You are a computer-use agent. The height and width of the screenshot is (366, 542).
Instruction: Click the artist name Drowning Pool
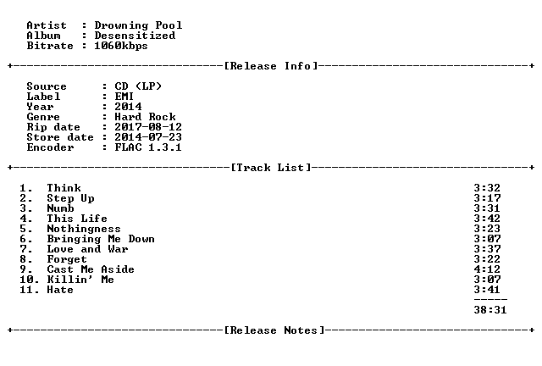(x=138, y=25)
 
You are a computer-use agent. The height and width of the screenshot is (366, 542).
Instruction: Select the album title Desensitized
(x=135, y=36)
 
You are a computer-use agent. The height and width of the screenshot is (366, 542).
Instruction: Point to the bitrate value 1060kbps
(x=121, y=46)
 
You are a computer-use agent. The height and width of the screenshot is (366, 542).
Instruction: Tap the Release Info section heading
(x=271, y=66)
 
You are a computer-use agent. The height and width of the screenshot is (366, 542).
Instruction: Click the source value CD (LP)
(x=138, y=86)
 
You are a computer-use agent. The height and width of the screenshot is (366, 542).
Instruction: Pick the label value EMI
(x=124, y=97)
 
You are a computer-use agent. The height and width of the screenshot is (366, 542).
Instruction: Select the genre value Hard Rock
(x=145, y=117)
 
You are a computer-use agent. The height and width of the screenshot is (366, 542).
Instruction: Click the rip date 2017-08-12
(x=148, y=127)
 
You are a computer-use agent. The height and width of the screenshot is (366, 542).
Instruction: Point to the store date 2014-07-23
(x=148, y=137)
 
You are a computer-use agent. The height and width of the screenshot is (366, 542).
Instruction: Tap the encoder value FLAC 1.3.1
(x=148, y=147)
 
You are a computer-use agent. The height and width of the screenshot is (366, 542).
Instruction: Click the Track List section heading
(x=271, y=168)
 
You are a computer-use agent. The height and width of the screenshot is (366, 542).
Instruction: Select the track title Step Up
(x=70, y=198)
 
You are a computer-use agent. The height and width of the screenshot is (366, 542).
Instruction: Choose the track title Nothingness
(x=84, y=229)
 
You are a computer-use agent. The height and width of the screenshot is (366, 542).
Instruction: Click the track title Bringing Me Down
(x=101, y=239)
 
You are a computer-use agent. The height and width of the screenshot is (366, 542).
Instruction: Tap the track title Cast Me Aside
(x=91, y=269)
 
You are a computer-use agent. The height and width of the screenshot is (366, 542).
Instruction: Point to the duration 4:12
(x=487, y=269)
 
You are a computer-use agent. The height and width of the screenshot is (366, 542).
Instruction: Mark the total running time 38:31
(x=490, y=310)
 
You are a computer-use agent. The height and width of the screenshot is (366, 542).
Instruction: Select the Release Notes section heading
(x=274, y=330)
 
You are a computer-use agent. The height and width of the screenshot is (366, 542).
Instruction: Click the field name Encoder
(x=50, y=147)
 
